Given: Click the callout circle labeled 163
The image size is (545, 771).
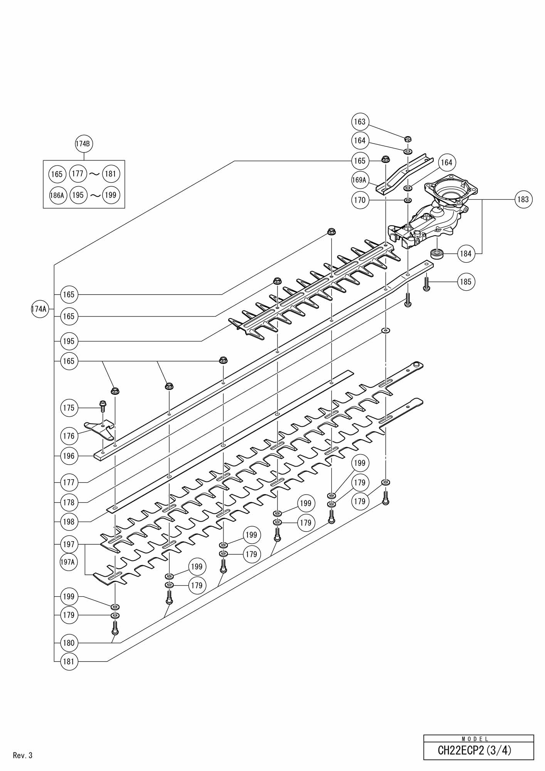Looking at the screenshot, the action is click(x=360, y=122).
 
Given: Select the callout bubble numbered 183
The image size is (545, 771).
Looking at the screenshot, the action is click(x=523, y=199).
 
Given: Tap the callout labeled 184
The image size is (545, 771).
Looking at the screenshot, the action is click(x=466, y=254).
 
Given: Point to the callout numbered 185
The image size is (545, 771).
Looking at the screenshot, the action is click(x=466, y=282).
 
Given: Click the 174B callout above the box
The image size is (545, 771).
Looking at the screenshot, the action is click(x=84, y=144).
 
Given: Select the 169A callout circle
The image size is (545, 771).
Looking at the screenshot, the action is click(x=360, y=180).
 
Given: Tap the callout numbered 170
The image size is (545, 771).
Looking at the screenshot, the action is click(x=360, y=200).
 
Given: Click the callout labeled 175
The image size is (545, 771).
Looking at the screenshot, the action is click(x=69, y=408).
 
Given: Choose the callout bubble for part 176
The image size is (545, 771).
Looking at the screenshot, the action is click(x=69, y=436).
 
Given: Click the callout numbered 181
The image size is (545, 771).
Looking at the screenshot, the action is click(x=69, y=662).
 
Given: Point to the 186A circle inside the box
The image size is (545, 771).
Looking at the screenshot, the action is click(x=57, y=195).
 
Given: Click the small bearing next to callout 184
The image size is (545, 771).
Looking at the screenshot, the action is click(x=437, y=254).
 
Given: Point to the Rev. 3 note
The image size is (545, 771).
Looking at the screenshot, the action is click(x=23, y=755).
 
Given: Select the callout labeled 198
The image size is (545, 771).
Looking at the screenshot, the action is click(x=69, y=522).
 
